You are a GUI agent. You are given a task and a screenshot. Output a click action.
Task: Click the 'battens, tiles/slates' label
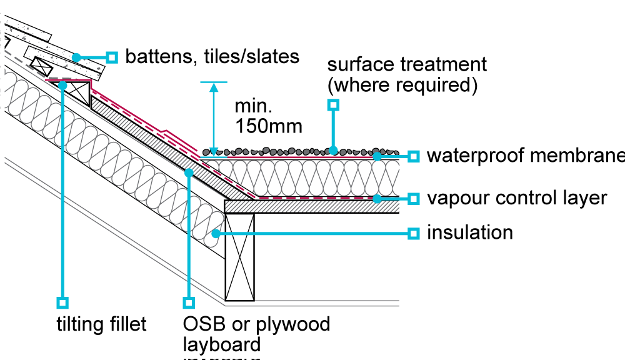pos(212,57)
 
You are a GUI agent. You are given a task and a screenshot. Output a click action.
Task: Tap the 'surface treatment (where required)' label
pos(407,74)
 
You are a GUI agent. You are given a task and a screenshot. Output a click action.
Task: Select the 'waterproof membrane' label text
pos(525,156)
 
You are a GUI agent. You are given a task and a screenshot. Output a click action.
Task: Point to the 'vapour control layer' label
pos(517,198)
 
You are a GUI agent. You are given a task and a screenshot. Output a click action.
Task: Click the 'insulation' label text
pos(469,233)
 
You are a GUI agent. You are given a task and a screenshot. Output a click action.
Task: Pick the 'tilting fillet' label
pos(101,324)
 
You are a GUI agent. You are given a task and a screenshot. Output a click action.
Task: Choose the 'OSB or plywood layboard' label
pos(256,334)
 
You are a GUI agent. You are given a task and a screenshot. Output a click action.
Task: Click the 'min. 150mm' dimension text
pos(268,116)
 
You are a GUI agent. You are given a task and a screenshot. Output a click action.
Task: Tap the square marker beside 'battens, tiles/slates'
pos(112,57)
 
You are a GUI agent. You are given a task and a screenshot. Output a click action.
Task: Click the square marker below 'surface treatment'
pos(334,105)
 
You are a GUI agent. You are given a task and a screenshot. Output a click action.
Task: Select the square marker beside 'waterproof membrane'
pos(413,156)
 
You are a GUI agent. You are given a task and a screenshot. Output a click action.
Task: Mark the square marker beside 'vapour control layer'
pos(413,199)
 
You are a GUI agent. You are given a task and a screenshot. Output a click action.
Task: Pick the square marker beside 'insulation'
pos(413,233)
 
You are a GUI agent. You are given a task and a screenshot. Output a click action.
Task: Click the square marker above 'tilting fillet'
pos(62,302)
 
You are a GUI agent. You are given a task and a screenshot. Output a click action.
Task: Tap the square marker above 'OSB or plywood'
pos(189,302)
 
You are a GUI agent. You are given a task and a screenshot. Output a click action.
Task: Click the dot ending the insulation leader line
pos(216,234)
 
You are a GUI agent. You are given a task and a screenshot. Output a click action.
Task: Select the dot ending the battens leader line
pos(76,57)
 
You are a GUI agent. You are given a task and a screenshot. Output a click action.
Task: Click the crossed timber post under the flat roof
pos(240,257)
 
